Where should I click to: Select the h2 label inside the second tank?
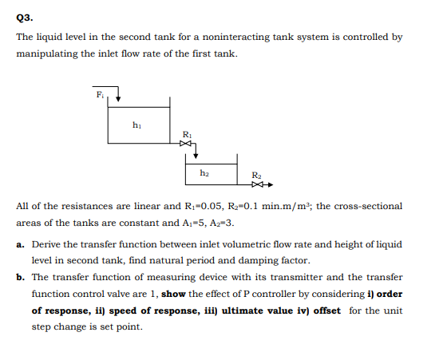204,172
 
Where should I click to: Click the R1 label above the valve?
187,133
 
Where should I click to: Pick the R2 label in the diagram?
255,175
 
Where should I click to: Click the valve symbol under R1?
187,144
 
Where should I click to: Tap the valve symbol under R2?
255,184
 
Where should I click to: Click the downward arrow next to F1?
118,97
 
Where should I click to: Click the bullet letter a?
20,243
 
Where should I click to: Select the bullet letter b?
20,277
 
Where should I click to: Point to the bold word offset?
322,311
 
